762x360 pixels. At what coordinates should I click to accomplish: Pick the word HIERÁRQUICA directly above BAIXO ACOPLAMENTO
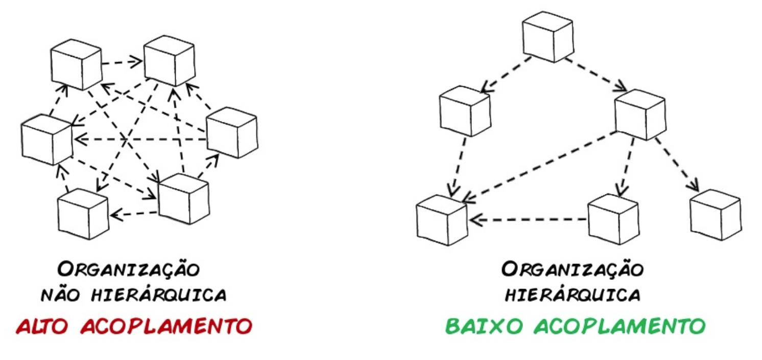click(573, 296)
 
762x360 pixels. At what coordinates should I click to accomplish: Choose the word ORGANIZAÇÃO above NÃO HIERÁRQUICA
click(128, 269)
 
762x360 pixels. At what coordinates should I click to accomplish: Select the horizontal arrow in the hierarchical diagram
click(529, 220)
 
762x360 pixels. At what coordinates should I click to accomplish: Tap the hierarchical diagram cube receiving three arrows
click(442, 220)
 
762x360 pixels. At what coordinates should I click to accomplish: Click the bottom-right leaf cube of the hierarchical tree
click(715, 214)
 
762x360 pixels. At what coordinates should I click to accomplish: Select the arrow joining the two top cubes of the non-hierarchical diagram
click(122, 62)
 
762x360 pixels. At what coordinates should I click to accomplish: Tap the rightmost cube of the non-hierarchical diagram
click(231, 132)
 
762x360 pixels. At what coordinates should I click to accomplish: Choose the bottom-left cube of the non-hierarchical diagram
click(82, 213)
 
